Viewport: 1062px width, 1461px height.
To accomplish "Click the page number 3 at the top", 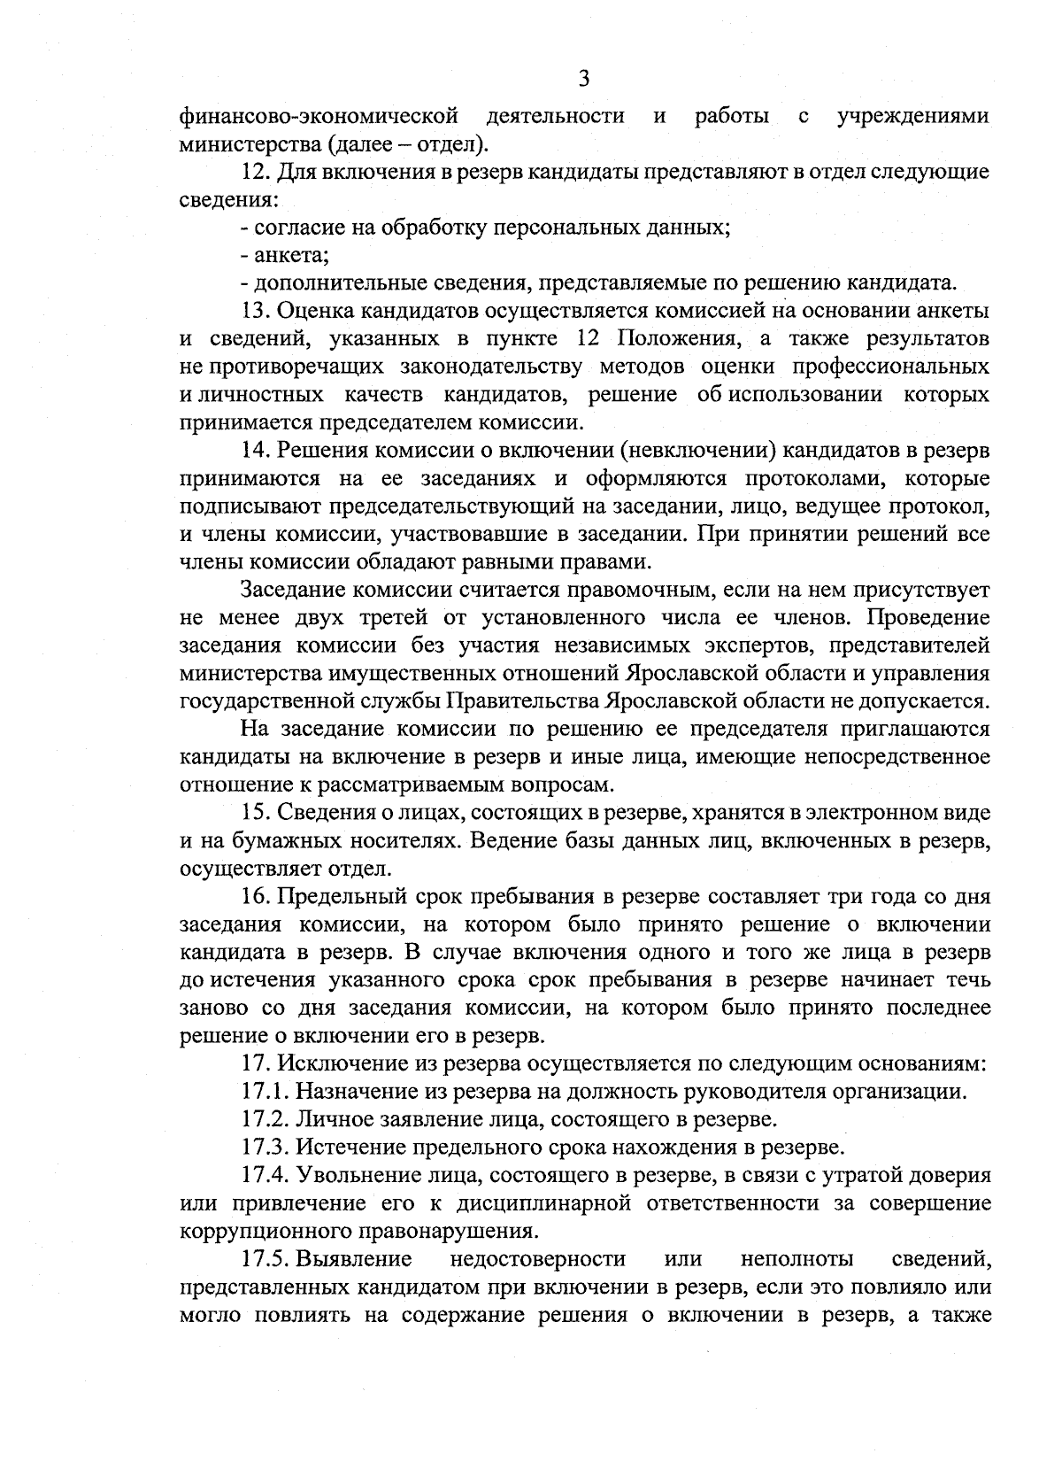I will (x=583, y=79).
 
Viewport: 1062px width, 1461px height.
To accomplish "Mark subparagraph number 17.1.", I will (x=263, y=1092).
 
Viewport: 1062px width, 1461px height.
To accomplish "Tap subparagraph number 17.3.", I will (x=264, y=1148).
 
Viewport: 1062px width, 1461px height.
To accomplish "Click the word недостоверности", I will (x=537, y=1259).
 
